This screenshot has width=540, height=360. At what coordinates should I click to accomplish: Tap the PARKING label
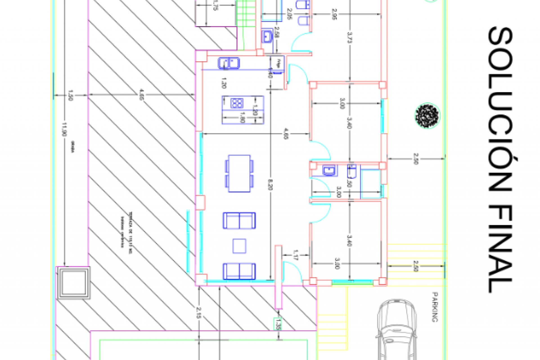coord(435,307)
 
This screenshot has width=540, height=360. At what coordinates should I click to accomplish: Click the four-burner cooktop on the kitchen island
coord(237,103)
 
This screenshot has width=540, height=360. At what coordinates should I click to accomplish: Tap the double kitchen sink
coord(229,63)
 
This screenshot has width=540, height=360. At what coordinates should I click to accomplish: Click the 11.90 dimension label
coord(64,129)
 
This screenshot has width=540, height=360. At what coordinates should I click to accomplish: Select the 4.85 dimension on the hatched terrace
coord(142,95)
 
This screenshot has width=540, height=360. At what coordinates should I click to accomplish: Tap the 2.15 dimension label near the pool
coord(199,312)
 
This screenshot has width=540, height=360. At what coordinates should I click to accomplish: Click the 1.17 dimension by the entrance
coord(295,255)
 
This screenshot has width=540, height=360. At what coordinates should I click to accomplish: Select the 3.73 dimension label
coord(350,37)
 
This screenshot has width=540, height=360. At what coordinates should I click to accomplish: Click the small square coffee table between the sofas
coord(239,246)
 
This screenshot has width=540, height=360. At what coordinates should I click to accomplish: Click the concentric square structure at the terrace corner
coord(74,283)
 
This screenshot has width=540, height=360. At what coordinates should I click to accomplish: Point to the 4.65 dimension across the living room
coord(286,134)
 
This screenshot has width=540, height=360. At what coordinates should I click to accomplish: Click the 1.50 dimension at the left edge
coord(70,95)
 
